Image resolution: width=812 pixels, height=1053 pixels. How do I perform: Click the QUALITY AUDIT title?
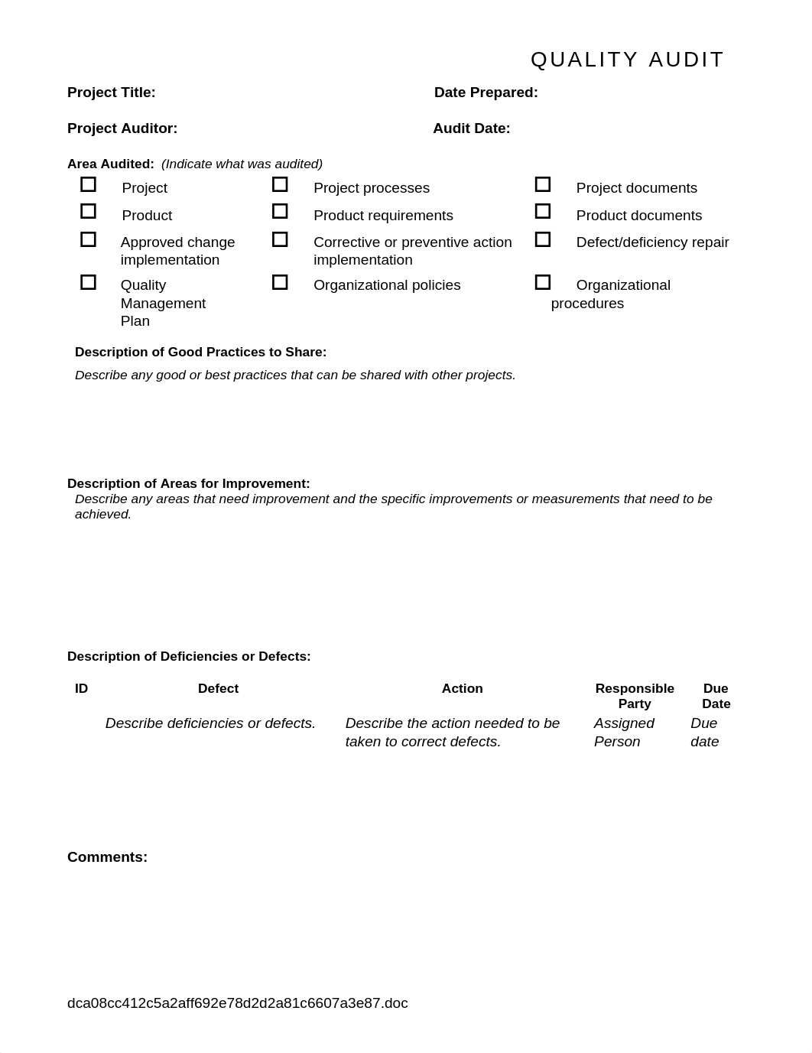[x=627, y=60]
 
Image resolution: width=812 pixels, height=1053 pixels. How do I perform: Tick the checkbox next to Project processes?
[x=280, y=184]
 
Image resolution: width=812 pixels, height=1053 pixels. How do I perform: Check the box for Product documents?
[x=543, y=211]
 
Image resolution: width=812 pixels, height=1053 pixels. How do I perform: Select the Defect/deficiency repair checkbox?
[x=543, y=239]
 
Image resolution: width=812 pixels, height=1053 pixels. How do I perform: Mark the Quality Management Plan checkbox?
[x=89, y=282]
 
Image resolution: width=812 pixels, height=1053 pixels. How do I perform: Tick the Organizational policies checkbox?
[x=280, y=282]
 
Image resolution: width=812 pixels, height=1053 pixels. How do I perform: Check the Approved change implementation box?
[x=89, y=239]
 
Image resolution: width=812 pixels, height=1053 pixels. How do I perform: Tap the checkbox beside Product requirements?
[x=280, y=211]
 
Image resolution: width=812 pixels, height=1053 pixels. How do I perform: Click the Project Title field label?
[x=112, y=93]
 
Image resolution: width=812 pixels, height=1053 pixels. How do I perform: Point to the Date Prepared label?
[x=486, y=93]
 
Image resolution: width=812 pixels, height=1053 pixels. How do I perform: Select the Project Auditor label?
[x=122, y=128]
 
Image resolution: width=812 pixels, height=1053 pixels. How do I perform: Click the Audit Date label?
[x=472, y=128]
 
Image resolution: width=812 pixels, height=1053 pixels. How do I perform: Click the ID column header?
[x=82, y=688]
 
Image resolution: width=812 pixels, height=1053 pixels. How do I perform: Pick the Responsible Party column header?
[x=635, y=696]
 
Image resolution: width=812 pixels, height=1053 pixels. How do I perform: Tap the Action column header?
[x=463, y=688]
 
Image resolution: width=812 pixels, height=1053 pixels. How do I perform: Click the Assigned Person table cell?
[x=624, y=732]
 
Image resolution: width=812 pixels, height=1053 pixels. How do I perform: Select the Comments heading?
[x=107, y=857]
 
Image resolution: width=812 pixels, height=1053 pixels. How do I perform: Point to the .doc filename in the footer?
[x=238, y=1003]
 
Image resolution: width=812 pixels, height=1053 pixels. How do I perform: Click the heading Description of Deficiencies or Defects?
[x=189, y=656]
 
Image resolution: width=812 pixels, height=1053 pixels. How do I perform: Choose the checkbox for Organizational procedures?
[x=543, y=282]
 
